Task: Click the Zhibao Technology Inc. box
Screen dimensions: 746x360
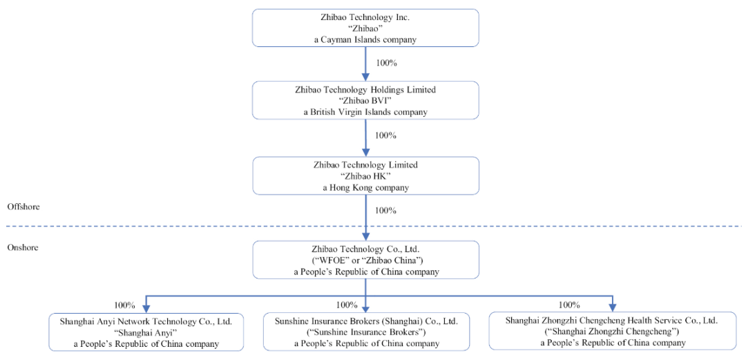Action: [365, 28]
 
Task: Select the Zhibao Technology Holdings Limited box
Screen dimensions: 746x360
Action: [365, 100]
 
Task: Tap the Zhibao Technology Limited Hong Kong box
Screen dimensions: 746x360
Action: [365, 176]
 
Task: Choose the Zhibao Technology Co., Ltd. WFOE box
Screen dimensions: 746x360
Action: [365, 260]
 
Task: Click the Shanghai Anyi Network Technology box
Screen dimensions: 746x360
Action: [146, 332]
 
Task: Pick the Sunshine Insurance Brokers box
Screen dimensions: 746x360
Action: [366, 332]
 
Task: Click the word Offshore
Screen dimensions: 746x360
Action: [23, 207]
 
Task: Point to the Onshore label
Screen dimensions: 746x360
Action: [22, 247]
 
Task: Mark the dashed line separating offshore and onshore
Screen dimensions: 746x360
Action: [373, 226]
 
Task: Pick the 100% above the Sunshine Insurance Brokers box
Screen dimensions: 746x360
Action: [346, 305]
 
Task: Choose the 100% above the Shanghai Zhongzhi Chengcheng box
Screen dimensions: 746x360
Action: [569, 305]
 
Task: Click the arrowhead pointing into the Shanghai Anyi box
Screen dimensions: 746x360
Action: [146, 307]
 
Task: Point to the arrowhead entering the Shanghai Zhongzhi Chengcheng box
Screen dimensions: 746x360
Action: [612, 307]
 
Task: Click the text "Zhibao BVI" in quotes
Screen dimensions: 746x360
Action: [365, 100]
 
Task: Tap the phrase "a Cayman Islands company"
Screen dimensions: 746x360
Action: [365, 39]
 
